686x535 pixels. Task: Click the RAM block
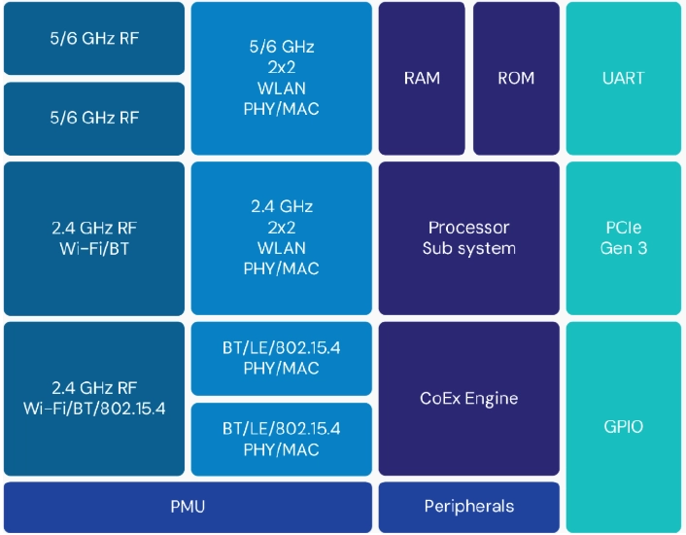(422, 79)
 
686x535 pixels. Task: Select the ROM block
(516, 79)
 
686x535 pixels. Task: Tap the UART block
(624, 79)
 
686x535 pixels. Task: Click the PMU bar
(188, 507)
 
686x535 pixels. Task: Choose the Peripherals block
(469, 507)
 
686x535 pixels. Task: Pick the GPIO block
(624, 427)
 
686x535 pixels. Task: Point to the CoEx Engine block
(469, 399)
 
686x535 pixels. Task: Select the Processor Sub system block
(469, 238)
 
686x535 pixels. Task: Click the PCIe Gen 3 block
(624, 238)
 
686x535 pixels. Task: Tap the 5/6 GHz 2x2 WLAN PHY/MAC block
(282, 79)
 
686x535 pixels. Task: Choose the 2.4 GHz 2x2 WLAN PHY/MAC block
(282, 238)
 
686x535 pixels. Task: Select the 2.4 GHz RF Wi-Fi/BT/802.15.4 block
(94, 399)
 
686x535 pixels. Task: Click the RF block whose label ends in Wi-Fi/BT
(94, 238)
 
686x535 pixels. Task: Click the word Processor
(469, 228)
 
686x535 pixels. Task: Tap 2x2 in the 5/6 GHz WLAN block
(282, 67)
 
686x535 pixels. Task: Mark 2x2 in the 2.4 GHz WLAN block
(282, 228)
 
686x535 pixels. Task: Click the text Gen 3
(624, 248)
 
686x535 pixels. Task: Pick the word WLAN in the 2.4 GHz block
(282, 248)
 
